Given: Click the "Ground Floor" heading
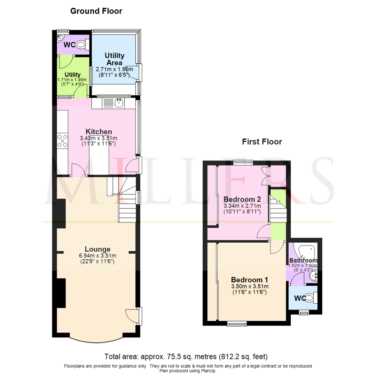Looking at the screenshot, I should click(x=96, y=11).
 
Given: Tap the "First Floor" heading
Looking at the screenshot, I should click(x=262, y=142).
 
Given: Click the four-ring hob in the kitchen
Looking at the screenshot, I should click(x=62, y=140).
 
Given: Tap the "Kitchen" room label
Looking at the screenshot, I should click(x=99, y=132).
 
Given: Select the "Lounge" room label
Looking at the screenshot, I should click(x=97, y=249).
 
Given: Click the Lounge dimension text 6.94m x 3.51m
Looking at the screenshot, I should click(x=97, y=256).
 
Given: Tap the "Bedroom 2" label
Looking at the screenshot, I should click(x=242, y=199).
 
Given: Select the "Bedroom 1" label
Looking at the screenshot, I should click(x=250, y=280).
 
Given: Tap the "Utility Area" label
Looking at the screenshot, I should click(x=115, y=59).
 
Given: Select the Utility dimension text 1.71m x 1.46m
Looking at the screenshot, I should click(x=72, y=80).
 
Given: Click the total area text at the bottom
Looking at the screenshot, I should click(x=186, y=357).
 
